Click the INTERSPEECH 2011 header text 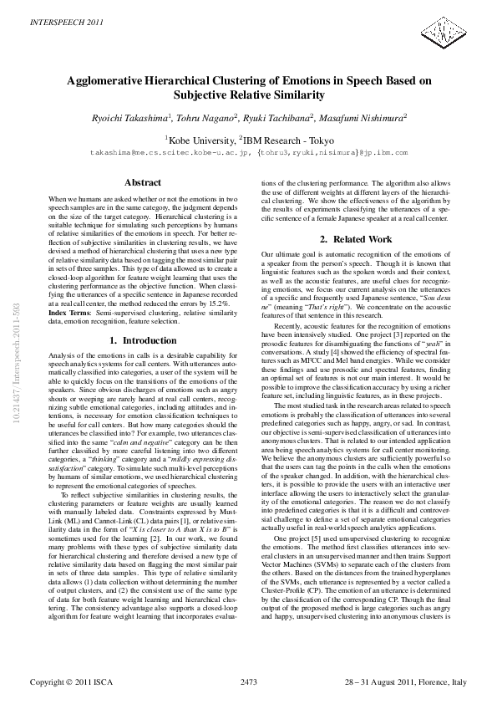(x=57, y=18)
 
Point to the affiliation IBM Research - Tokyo (x=288, y=140)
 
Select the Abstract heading (x=142, y=182)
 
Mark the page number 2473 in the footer (x=249, y=683)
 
